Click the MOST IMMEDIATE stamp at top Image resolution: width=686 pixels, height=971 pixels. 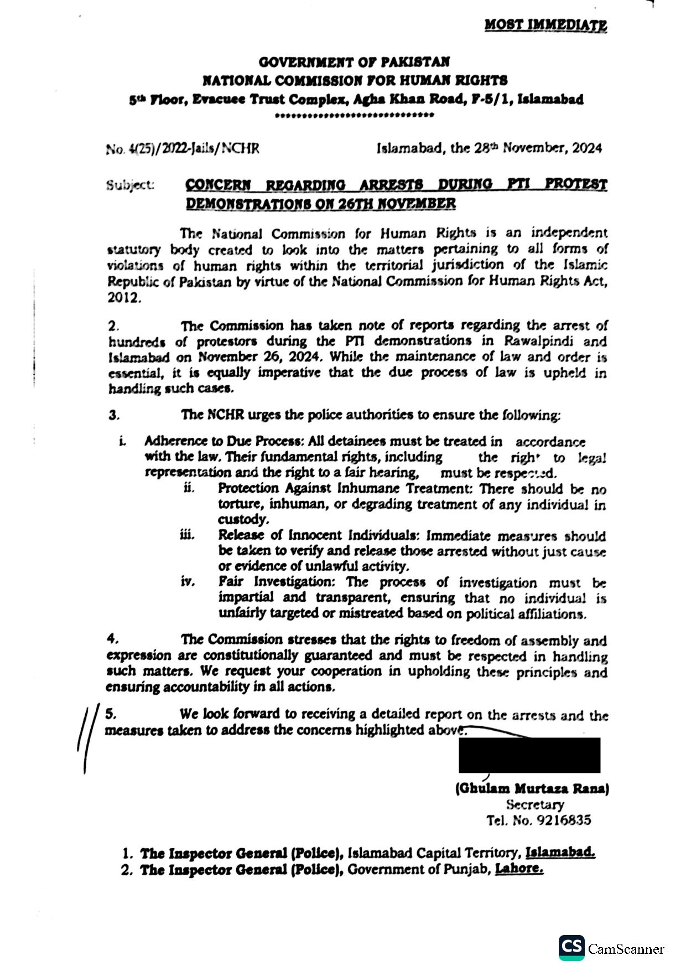coord(545,25)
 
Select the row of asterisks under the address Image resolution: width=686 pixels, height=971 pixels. coord(354,116)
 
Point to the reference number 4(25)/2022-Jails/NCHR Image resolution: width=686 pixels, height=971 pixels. coord(182,148)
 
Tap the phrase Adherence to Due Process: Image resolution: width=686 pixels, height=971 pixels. coord(225,441)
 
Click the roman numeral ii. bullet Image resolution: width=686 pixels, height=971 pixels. coord(189,488)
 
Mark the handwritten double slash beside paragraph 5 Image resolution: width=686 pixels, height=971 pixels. coord(87,736)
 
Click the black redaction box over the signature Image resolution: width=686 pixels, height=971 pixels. coord(529,755)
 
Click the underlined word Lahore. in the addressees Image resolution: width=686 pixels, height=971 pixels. coord(518,869)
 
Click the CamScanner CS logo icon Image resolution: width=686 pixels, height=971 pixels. coord(571,948)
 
